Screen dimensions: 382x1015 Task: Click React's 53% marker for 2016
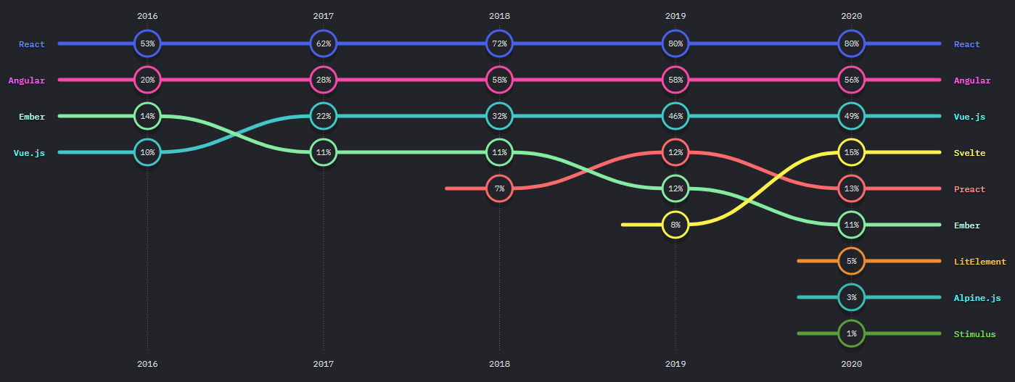coord(147,43)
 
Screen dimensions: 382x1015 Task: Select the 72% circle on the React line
coord(499,43)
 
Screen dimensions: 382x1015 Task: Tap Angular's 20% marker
coord(147,80)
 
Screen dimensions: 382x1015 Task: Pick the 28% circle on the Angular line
coord(324,80)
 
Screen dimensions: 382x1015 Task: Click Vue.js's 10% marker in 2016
coord(147,152)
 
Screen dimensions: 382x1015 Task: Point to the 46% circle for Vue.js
coord(675,116)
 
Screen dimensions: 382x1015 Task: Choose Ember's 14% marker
coord(147,116)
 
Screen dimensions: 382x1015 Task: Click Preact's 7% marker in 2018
coord(499,188)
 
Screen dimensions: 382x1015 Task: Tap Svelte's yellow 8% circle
coord(675,225)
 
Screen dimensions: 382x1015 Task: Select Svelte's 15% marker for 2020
coord(851,152)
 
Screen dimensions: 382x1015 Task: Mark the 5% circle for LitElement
coord(851,261)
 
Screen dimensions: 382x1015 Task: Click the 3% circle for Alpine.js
coord(851,297)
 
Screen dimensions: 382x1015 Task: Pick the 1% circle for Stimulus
coord(851,333)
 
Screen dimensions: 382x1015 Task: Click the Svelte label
coord(969,153)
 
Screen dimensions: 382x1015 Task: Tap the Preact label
coord(969,189)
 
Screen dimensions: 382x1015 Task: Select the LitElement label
coord(979,262)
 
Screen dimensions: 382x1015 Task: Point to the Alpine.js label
coord(977,298)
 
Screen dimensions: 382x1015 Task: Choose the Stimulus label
coord(974,334)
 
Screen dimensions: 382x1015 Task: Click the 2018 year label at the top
coord(499,15)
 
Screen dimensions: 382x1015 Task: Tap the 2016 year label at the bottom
coord(147,365)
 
